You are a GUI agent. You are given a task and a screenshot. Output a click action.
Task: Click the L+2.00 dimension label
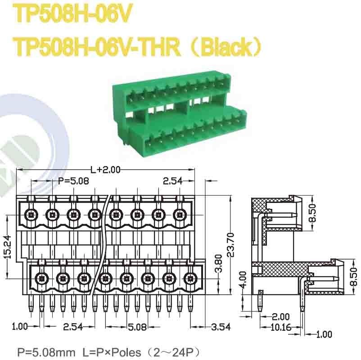click(106, 170)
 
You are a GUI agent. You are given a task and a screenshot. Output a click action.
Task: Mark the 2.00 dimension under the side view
click(281, 317)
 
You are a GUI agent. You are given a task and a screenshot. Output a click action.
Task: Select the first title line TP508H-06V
click(72, 14)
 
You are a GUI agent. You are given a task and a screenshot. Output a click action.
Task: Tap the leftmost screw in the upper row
click(31, 215)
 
